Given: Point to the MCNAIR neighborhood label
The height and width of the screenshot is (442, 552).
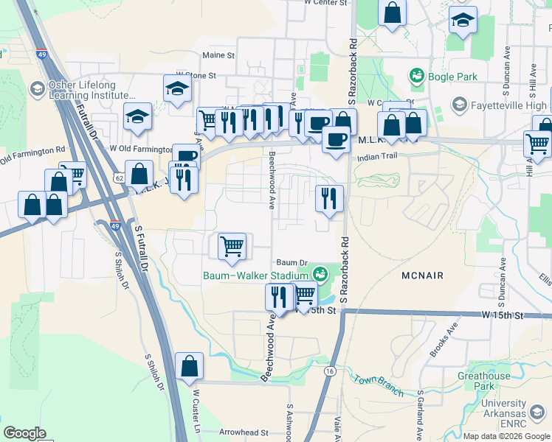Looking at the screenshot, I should [422, 276].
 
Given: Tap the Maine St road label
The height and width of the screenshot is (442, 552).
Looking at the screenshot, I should [218, 55].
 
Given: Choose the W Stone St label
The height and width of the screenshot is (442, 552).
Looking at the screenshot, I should [196, 75].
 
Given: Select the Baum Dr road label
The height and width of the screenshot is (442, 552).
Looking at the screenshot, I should [291, 262].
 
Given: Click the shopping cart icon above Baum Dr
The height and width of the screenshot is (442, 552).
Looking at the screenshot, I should [232, 246].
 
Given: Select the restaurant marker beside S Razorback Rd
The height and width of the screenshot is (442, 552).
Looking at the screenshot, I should [329, 197].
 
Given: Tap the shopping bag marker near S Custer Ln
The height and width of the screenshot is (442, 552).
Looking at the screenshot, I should [190, 365].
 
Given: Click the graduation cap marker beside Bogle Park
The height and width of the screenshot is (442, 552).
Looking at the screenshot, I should [463, 20].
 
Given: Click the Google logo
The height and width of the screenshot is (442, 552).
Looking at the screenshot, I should [24, 433].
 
